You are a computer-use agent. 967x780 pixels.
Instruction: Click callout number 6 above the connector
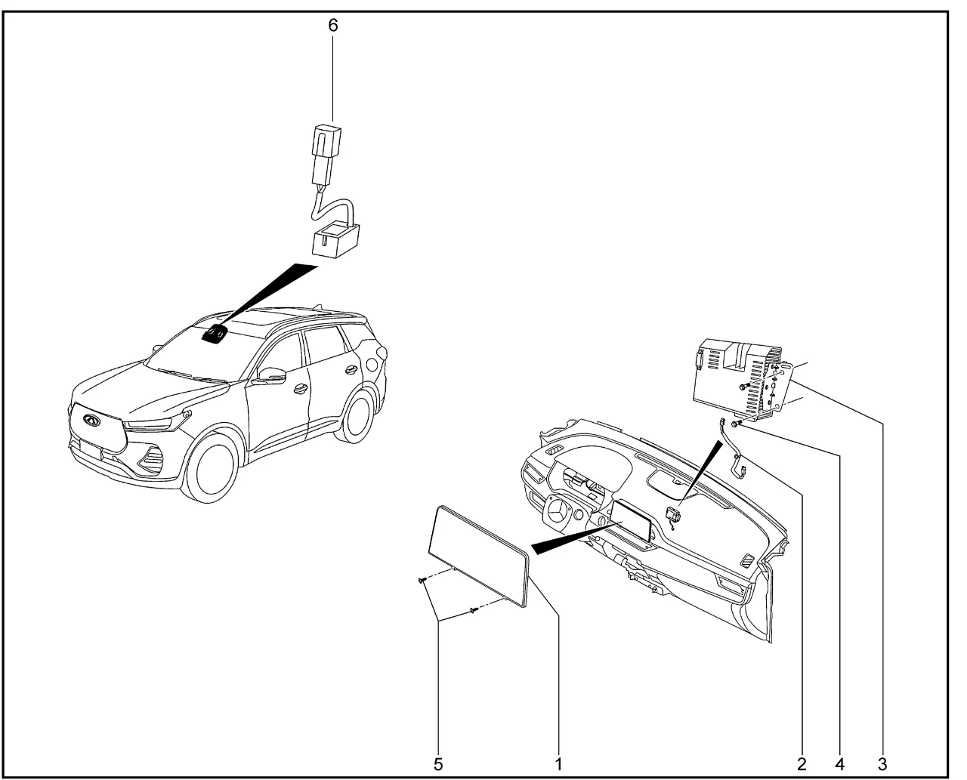[332, 26]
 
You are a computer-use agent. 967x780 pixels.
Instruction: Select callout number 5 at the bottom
[437, 764]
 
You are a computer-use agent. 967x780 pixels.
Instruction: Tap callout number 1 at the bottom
[558, 764]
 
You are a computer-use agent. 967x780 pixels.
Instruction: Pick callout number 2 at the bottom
[802, 764]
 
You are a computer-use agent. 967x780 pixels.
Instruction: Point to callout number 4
[839, 764]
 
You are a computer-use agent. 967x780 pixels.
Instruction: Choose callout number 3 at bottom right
[882, 764]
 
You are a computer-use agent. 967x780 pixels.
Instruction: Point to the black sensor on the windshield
[214, 335]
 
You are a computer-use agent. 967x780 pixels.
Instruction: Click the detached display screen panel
[479, 556]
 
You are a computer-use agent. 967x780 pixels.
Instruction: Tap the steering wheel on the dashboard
[558, 513]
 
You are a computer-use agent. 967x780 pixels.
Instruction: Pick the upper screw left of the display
[422, 580]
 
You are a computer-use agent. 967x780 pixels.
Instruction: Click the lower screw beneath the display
[474, 610]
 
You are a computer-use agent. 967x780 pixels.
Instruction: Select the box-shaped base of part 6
[335, 240]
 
